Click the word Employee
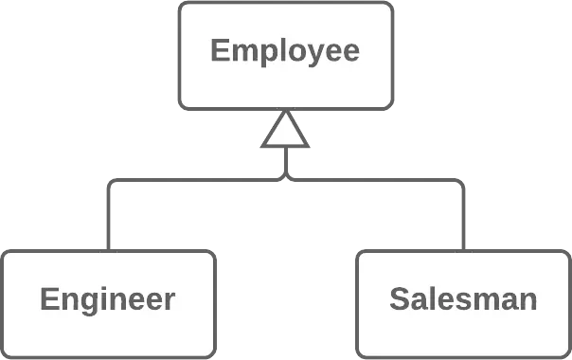pyautogui.click(x=285, y=50)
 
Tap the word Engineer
pyautogui.click(x=107, y=300)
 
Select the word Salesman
pyautogui.click(x=463, y=300)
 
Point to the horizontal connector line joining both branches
pyautogui.click(x=284, y=178)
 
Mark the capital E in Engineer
pyautogui.click(x=49, y=300)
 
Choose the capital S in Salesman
pyautogui.click(x=399, y=300)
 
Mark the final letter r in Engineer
pyautogui.click(x=170, y=302)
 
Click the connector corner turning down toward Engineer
pyautogui.click(x=112, y=179)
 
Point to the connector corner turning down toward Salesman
pyautogui.click(x=462, y=179)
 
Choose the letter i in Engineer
pyautogui.click(x=103, y=298)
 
